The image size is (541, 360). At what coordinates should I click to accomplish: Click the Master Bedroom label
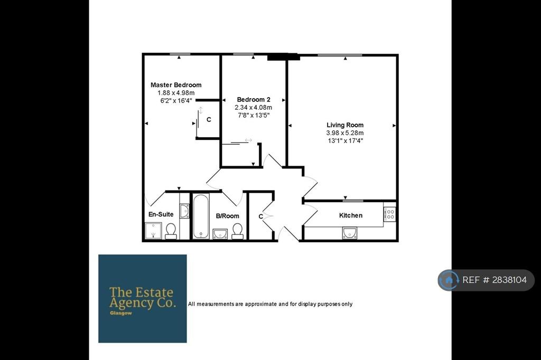[176, 85]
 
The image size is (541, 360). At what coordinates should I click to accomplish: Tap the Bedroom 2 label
[254, 100]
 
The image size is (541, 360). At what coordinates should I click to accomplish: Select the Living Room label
[345, 125]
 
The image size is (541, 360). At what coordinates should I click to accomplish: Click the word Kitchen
[351, 215]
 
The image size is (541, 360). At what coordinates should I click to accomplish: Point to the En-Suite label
[161, 214]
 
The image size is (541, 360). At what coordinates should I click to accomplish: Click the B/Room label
[227, 216]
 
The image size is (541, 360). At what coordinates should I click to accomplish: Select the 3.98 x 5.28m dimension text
[345, 133]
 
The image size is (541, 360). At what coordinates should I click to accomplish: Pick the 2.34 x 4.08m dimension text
[254, 108]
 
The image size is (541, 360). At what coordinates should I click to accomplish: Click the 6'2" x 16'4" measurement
[176, 101]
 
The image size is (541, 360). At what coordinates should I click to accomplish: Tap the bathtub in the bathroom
[201, 216]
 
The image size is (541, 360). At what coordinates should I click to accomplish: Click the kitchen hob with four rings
[390, 214]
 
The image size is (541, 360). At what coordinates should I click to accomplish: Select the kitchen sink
[350, 233]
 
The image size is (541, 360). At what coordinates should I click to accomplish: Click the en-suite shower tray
[153, 231]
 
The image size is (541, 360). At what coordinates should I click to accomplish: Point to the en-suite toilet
[171, 231]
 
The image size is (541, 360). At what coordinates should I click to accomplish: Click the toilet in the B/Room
[237, 231]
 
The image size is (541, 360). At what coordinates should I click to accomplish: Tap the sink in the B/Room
[220, 234]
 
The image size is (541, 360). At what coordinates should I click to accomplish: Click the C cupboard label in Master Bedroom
[209, 120]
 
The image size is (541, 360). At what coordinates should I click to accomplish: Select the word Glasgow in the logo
[121, 313]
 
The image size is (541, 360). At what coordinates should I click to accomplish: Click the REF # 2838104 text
[495, 280]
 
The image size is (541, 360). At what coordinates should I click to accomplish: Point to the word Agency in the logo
[132, 304]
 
